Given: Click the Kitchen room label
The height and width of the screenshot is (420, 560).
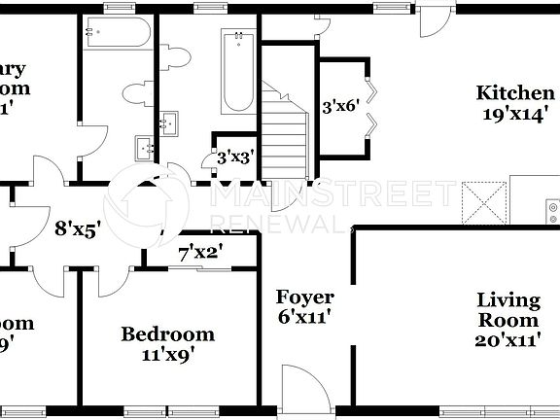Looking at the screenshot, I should pyautogui.click(x=514, y=93).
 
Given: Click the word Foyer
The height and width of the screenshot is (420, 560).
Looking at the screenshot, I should pyautogui.click(x=304, y=297).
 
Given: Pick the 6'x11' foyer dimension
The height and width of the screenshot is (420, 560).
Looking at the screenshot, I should pyautogui.click(x=304, y=316).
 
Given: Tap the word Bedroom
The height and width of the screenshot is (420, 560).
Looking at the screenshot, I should pyautogui.click(x=167, y=334).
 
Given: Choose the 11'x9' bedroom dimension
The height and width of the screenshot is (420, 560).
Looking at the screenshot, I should pyautogui.click(x=166, y=355).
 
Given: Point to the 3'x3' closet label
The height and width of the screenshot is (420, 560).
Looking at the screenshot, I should pyautogui.click(x=235, y=156).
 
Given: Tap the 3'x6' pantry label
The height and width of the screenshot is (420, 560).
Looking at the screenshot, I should pyautogui.click(x=340, y=107).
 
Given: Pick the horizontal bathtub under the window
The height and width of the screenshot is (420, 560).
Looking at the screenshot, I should pyautogui.click(x=116, y=35).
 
